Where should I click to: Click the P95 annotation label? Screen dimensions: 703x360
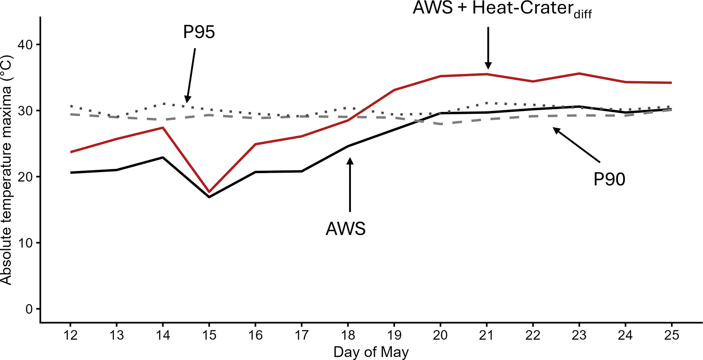tap(199, 32)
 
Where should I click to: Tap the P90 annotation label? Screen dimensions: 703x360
tap(609, 179)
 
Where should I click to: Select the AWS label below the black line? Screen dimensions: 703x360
tap(345, 229)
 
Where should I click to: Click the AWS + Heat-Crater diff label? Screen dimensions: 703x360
tap(502, 9)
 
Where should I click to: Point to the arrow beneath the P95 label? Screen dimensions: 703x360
tap(191, 75)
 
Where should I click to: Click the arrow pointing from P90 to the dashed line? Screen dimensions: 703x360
tap(576, 145)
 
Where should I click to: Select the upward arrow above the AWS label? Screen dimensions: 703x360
tap(350, 184)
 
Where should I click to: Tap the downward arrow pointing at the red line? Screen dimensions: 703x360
tap(488, 48)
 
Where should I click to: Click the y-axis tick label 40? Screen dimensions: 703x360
tap(24, 45)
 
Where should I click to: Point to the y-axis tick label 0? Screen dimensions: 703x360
tap(29, 309)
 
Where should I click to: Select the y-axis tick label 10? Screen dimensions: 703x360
tap(24, 243)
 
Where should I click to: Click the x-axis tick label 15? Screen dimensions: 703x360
tap(209, 335)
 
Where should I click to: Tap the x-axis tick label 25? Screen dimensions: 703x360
tap(671, 335)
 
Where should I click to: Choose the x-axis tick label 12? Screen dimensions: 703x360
tap(70, 335)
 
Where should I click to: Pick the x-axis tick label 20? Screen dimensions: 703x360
tap(440, 335)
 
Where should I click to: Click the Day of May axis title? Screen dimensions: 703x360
tap(371, 352)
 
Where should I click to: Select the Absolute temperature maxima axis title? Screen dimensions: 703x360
tap(6, 170)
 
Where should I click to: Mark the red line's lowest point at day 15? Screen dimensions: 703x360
tap(209, 192)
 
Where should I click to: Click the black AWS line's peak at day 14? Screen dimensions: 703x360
tap(163, 157)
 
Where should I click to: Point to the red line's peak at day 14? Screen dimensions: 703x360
tap(163, 127)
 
